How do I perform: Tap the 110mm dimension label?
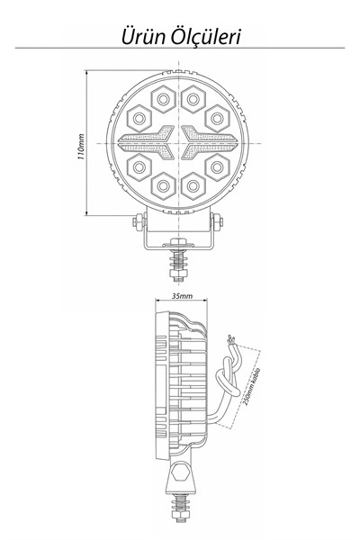(x=81, y=147)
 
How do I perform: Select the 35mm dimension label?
(x=182, y=296)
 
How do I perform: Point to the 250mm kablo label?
(x=252, y=387)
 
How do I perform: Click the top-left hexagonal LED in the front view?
(x=163, y=99)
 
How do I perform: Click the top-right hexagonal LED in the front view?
(x=193, y=99)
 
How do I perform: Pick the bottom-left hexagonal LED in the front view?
(x=163, y=186)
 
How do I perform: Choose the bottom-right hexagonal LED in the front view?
(x=193, y=186)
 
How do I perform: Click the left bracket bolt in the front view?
(x=139, y=222)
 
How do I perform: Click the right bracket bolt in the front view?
(x=217, y=222)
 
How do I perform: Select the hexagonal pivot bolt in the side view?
(x=179, y=472)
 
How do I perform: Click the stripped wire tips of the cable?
(x=231, y=340)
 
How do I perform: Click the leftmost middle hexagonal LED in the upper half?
(x=139, y=119)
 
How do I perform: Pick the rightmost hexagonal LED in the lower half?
(x=217, y=167)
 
